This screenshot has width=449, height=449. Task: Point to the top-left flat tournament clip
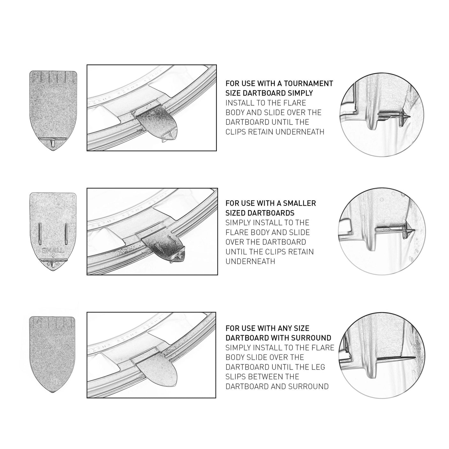coord(53,109)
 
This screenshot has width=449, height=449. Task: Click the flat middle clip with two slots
coord(53,224)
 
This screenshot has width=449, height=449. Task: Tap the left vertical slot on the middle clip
coord(40,234)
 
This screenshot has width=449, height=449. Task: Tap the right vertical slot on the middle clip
coord(66,234)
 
